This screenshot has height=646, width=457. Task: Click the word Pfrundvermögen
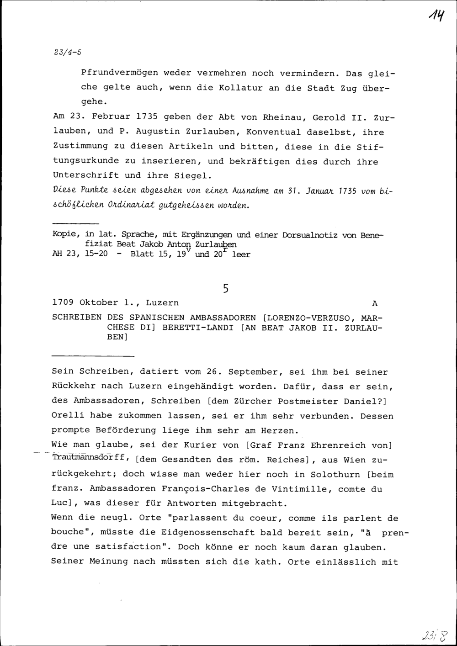(119, 73)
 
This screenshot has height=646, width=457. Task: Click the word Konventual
(272, 132)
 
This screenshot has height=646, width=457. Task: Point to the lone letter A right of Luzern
(375, 303)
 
